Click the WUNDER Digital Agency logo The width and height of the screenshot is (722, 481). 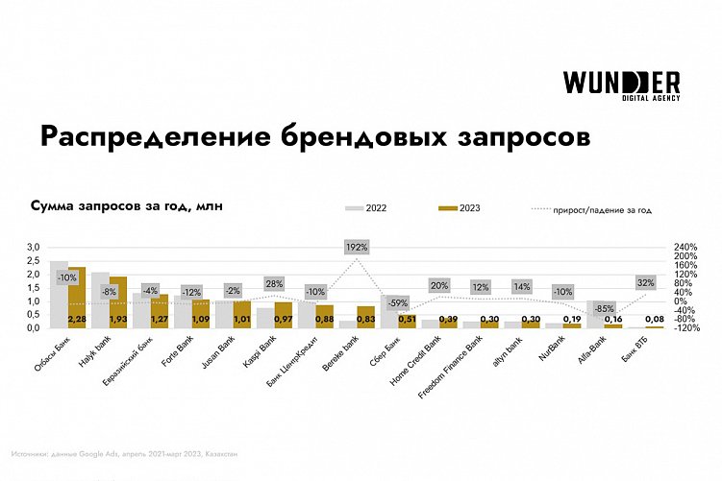coord(621,85)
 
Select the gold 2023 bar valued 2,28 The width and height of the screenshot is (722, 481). coord(77,298)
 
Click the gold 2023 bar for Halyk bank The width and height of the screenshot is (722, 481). coord(118,301)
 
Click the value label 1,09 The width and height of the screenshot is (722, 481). coord(201,318)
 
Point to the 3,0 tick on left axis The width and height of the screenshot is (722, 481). coord(33,248)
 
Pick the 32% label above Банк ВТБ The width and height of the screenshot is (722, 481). coord(646,282)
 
